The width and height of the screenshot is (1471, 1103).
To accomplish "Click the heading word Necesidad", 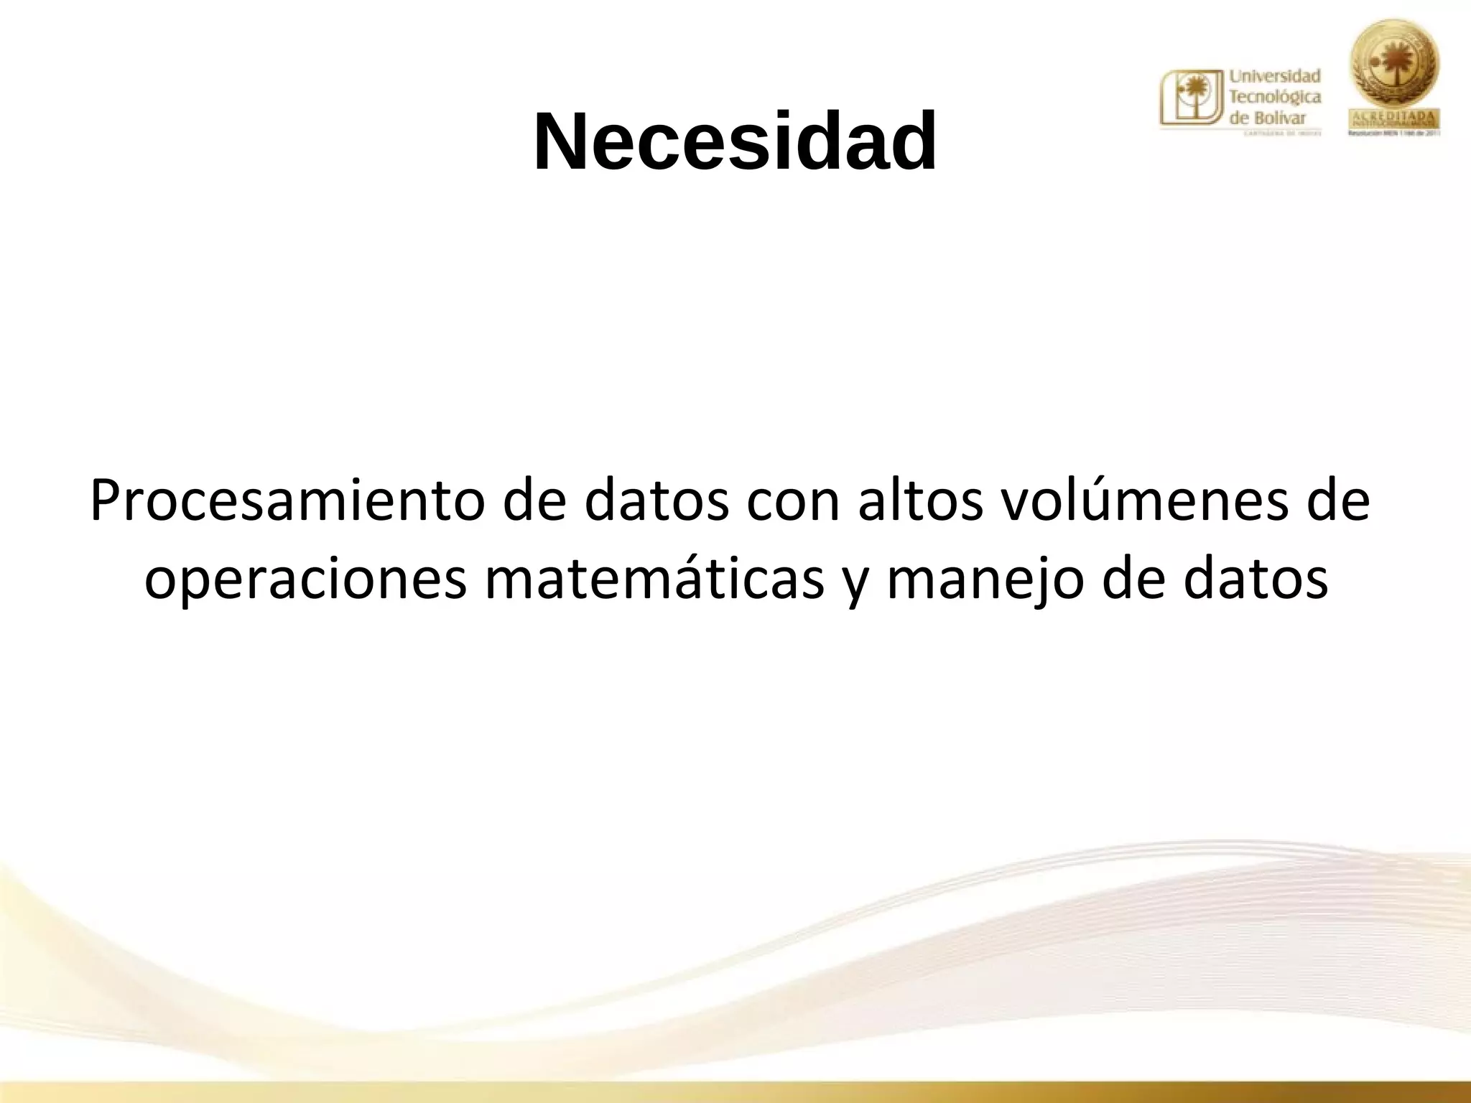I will [735, 141].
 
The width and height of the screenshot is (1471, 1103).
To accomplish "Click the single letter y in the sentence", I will [855, 585].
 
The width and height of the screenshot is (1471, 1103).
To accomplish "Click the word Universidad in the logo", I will [1276, 75].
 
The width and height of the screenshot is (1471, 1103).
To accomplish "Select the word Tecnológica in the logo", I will [1276, 96].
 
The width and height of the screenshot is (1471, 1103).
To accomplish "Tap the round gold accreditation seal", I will [1396, 66].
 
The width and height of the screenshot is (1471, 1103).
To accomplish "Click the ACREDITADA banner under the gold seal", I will [1396, 118].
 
